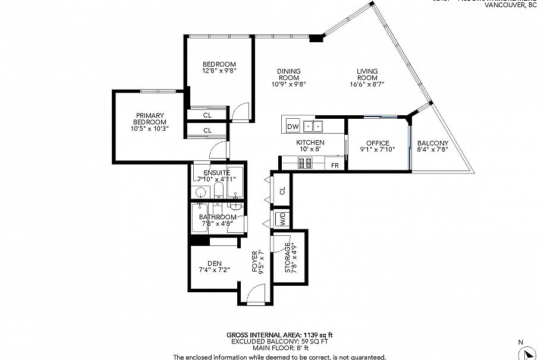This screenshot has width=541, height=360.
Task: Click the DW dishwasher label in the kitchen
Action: [292, 127]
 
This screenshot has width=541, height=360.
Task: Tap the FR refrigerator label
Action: [335, 165]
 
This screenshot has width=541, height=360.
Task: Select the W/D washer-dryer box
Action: [282, 219]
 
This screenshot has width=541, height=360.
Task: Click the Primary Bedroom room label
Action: [149, 116]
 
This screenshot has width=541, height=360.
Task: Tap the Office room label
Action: [378, 143]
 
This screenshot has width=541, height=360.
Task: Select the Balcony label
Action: [432, 143]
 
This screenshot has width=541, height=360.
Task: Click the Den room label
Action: [214, 263]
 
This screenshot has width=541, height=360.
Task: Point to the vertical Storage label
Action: [288, 258]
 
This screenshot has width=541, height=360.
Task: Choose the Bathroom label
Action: [217, 217]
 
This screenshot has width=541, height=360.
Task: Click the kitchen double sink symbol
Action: [313, 125]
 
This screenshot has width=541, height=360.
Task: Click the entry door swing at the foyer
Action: [256, 293]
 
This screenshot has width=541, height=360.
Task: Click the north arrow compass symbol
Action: [527, 353]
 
